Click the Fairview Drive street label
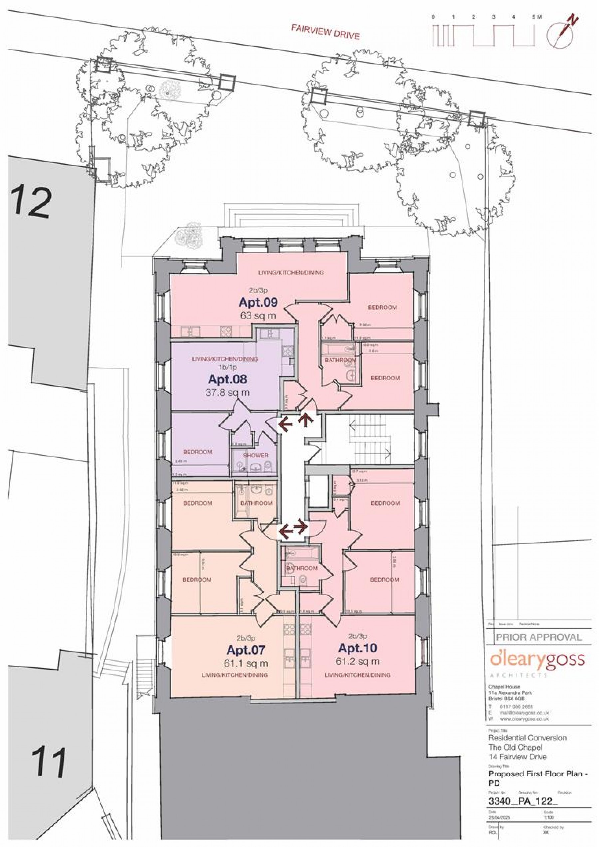pyautogui.click(x=325, y=32)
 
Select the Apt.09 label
pyautogui.click(x=258, y=302)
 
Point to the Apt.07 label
pyautogui.click(x=246, y=649)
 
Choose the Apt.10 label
pyautogui.click(x=358, y=648)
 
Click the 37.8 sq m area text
pyautogui.click(x=227, y=392)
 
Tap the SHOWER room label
pyautogui.click(x=255, y=455)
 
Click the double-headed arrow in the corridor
pyautogui.click(x=293, y=530)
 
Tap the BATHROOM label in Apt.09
pyautogui.click(x=340, y=360)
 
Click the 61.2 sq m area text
pyautogui.click(x=358, y=661)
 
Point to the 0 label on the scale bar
pyautogui.click(x=433, y=17)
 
